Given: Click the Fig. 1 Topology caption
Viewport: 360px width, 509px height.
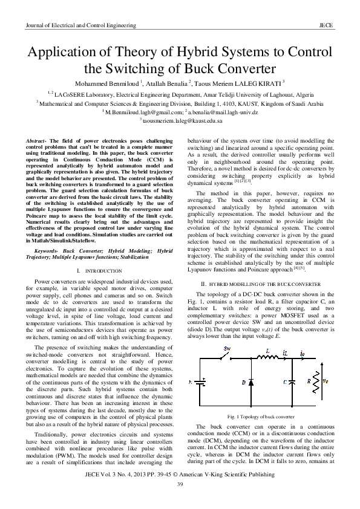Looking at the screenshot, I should [x=261, y=417].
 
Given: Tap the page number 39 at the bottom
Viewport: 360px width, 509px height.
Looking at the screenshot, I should [x=180, y=485].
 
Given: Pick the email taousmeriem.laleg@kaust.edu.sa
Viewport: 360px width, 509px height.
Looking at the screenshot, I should [x=179, y=121].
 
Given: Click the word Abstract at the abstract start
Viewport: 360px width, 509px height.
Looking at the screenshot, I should [x=37, y=140].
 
